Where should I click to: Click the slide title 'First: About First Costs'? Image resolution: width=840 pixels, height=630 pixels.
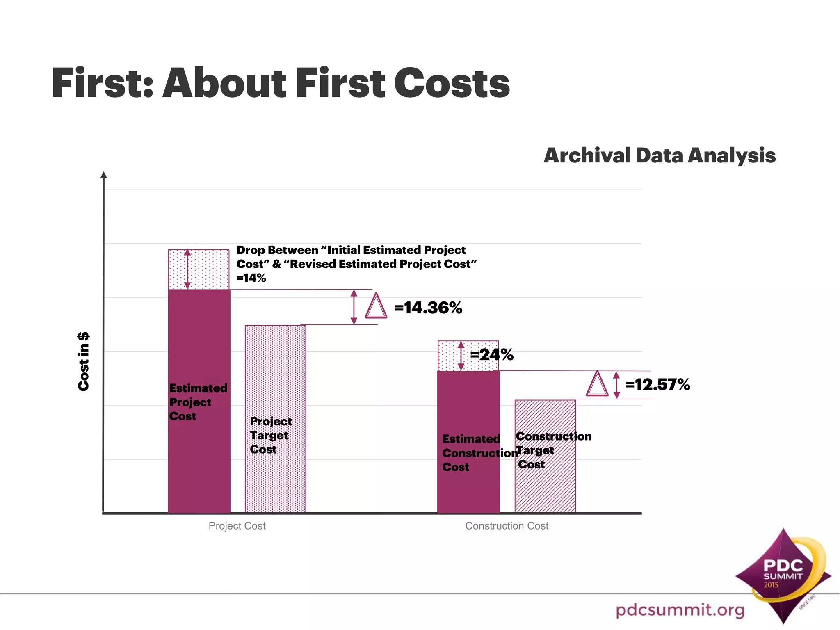(280, 83)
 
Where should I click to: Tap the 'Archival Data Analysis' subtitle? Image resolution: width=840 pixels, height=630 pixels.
(659, 156)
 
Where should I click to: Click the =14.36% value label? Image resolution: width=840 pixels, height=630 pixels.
(428, 308)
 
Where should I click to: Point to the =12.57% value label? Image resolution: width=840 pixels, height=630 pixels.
(657, 385)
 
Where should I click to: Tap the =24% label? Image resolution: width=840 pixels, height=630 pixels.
(492, 355)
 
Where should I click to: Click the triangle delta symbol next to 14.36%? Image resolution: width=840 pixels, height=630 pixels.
(376, 307)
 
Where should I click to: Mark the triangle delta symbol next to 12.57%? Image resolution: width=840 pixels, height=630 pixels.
(597, 385)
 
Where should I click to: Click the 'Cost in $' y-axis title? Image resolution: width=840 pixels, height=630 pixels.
(83, 361)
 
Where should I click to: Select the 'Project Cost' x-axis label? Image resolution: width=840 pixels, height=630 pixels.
(237, 526)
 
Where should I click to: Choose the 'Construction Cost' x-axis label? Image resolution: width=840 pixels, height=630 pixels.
(507, 526)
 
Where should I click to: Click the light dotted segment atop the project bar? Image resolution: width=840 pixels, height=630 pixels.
(209, 269)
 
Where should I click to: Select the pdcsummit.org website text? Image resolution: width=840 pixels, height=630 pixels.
(680, 610)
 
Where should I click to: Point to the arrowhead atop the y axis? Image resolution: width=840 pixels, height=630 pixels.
(104, 175)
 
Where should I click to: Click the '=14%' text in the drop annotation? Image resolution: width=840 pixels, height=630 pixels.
(251, 278)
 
